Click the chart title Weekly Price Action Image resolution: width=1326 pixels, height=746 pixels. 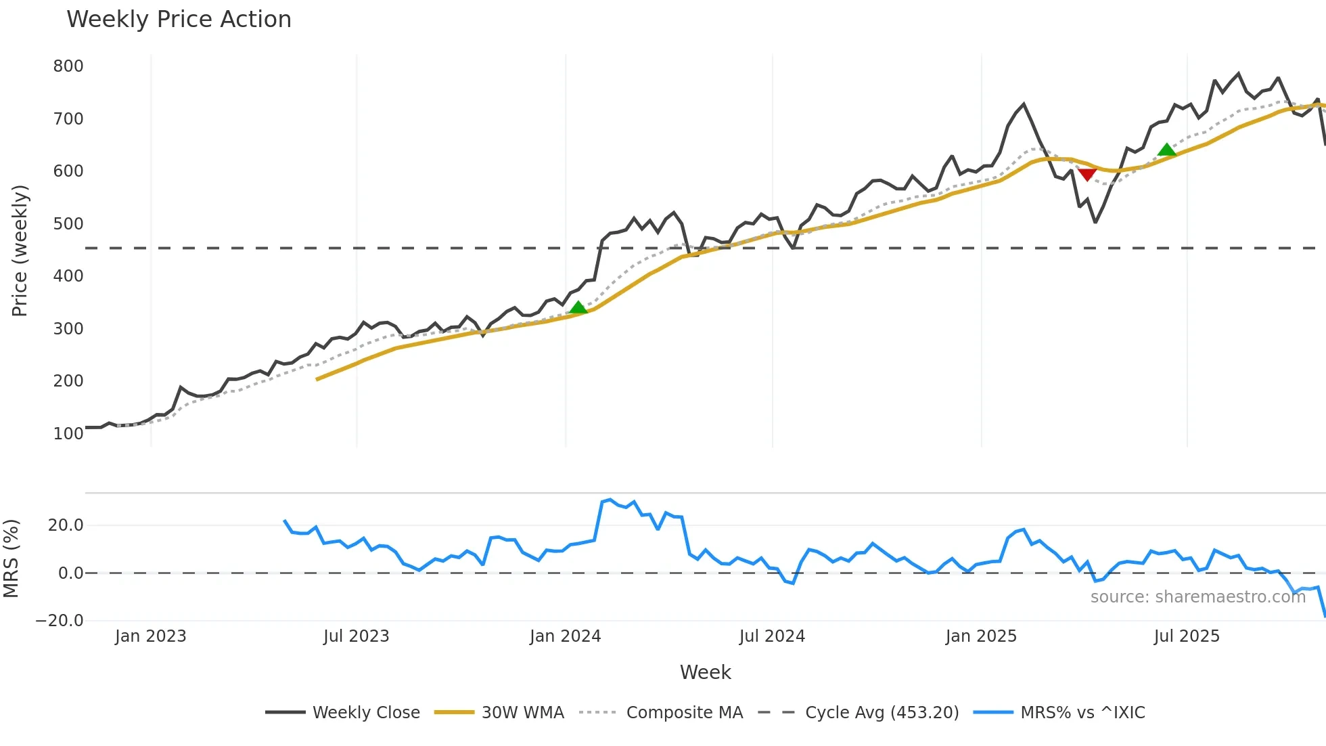pos(179,20)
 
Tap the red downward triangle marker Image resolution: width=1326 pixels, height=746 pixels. pos(1087,175)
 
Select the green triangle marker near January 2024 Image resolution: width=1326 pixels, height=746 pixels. pos(578,308)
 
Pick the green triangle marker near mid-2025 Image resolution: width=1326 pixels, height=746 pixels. pos(1167,150)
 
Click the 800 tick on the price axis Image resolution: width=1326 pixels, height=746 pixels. pos(68,66)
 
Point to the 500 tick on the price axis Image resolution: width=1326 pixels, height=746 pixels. pos(68,224)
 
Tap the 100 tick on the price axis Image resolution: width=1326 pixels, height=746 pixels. pos(68,434)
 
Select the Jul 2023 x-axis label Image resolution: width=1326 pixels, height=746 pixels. pos(356,636)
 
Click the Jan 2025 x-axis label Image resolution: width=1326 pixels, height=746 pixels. pos(981,636)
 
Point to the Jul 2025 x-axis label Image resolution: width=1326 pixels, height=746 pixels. pos(1187,636)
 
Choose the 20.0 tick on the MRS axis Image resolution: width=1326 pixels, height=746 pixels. pos(66,525)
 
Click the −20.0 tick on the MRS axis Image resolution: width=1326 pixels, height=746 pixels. pos(60,621)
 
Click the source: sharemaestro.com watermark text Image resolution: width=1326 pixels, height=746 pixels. pos(1197,597)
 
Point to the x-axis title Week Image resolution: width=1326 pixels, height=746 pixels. pos(705,672)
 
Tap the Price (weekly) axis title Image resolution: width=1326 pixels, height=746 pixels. pos(20,250)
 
